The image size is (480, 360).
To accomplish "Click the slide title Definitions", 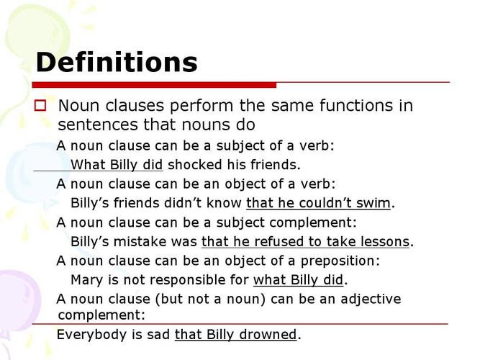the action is tap(117, 62).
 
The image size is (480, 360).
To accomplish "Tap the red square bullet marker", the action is tap(40, 105).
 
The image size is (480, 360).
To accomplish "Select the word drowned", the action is tap(268, 334).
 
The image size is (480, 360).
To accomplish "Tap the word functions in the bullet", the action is tap(356, 105).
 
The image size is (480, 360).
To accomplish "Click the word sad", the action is tap(158, 334).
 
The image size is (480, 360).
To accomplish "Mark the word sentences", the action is tap(98, 125).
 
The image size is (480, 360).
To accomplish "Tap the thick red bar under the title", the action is tap(154, 85).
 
